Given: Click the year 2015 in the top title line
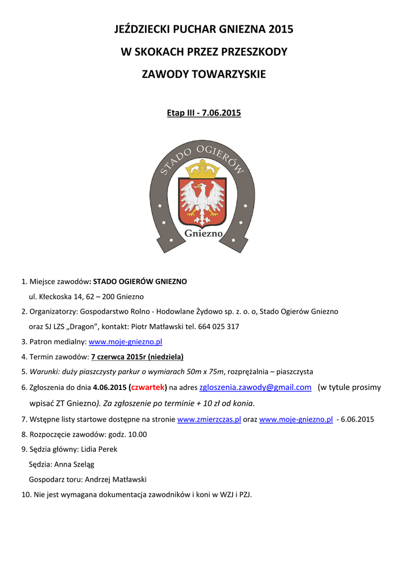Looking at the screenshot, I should [281, 29].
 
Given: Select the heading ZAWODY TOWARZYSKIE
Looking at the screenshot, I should [203, 74].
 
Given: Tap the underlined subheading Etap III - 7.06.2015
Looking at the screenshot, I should [203, 113].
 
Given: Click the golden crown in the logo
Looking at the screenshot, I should [202, 168].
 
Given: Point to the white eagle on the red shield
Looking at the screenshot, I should [202, 199].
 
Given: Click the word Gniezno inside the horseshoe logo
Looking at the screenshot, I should [203, 233].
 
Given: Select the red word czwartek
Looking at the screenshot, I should [148, 388].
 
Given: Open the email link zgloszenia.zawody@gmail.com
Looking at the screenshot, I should [255, 387].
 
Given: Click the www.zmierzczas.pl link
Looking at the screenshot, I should [209, 419].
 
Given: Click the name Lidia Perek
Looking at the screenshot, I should [99, 449].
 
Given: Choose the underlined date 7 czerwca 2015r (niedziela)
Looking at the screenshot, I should [137, 357].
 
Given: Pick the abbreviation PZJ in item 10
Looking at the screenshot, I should [244, 495].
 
